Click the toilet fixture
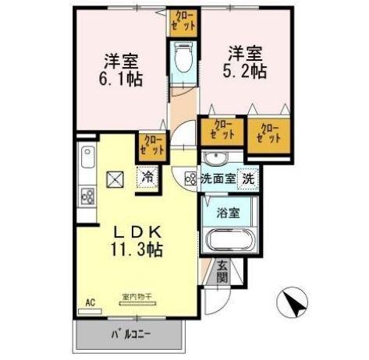pyautogui.click(x=183, y=56)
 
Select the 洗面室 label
pyautogui.click(x=217, y=178)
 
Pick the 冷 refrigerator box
pyautogui.click(x=147, y=177)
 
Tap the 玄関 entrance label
pyautogui.click(x=222, y=272)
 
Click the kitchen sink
pyautogui.click(x=85, y=163)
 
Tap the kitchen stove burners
pyautogui.click(x=87, y=196)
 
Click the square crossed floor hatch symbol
pyautogui.click(x=114, y=178)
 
